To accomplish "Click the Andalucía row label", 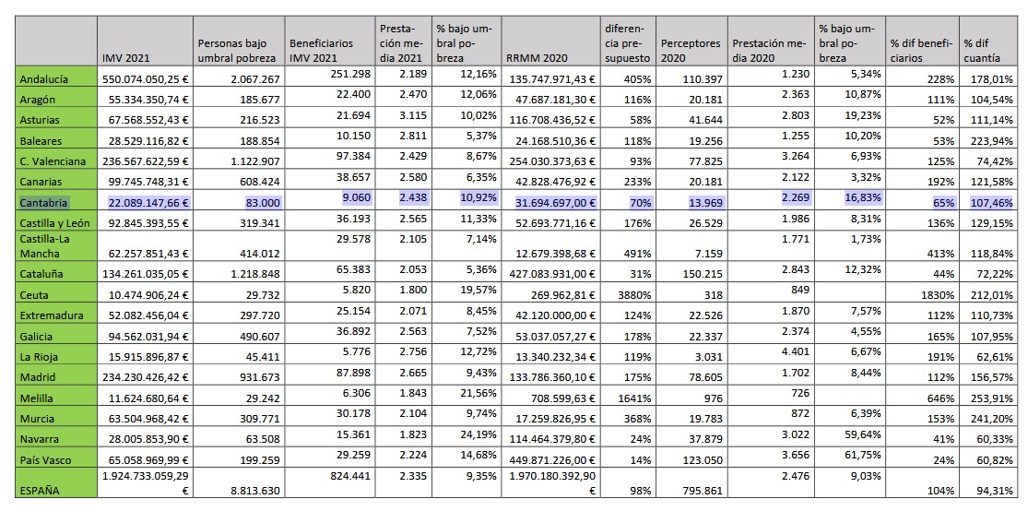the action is [44, 79].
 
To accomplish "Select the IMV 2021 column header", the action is [122, 58].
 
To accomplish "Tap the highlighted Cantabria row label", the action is [44, 203].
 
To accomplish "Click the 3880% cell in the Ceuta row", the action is [634, 295].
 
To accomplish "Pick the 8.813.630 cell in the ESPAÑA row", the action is [256, 490].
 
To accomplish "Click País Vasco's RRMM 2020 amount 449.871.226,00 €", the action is [551, 460].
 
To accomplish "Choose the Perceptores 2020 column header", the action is [691, 51].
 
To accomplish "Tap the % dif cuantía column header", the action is [982, 51].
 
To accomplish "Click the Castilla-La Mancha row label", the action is [45, 246].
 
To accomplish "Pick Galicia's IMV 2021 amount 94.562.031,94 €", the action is [146, 337].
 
